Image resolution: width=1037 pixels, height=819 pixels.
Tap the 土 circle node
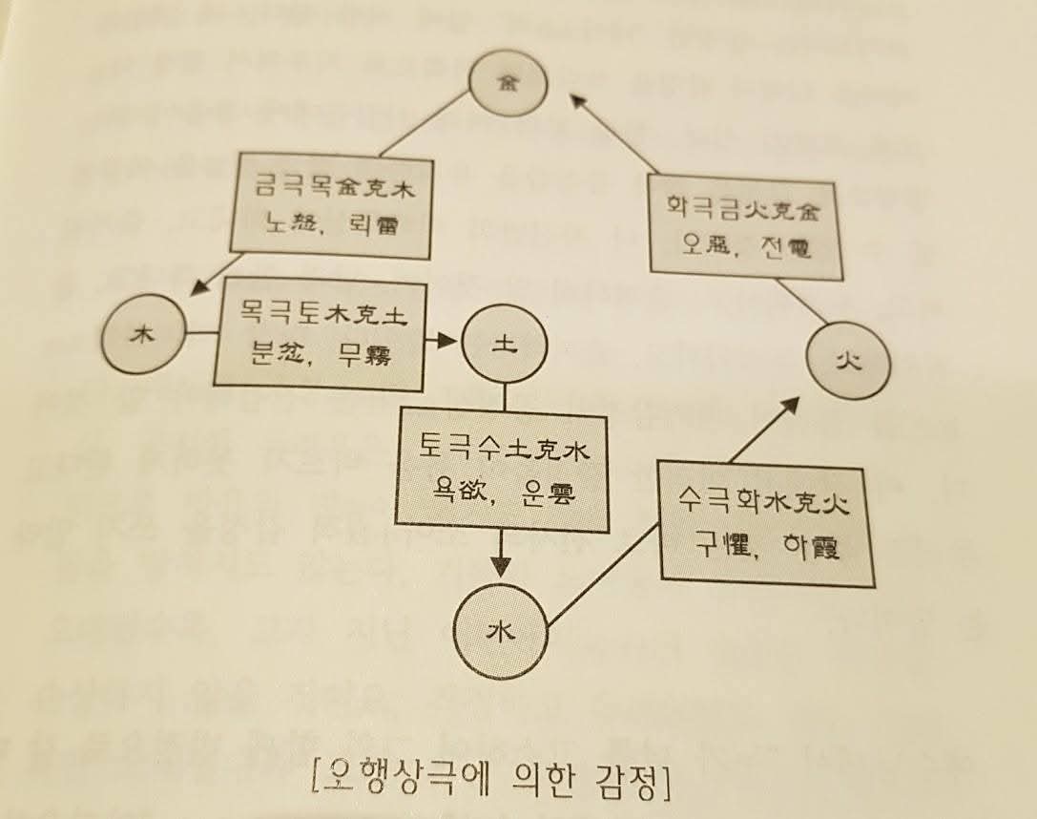[x=503, y=347]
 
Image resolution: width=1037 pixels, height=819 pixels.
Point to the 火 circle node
[x=848, y=363]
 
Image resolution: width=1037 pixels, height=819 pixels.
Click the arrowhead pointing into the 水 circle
[x=503, y=567]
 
